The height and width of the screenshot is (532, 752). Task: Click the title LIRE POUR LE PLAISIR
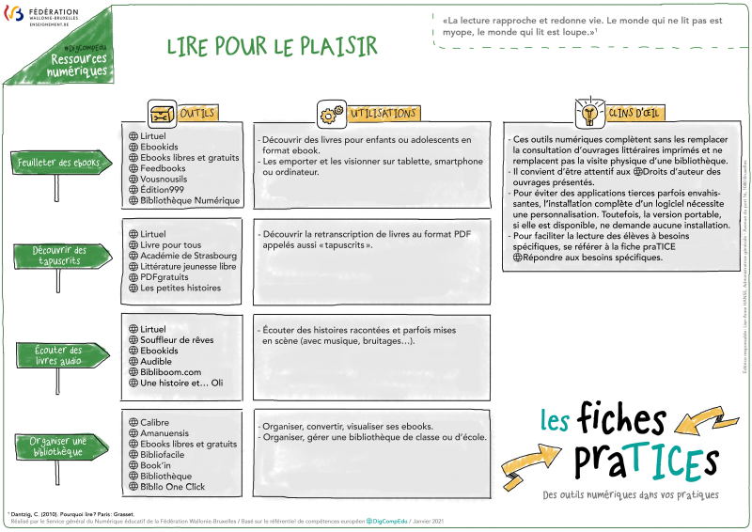click(272, 47)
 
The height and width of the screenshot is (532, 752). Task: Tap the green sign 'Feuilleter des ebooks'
click(58, 163)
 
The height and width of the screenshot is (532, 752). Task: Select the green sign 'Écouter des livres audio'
click(59, 355)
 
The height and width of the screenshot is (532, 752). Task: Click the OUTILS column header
click(196, 114)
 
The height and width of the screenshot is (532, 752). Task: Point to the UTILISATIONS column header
click(383, 114)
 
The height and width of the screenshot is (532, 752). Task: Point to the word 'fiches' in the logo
click(621, 419)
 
